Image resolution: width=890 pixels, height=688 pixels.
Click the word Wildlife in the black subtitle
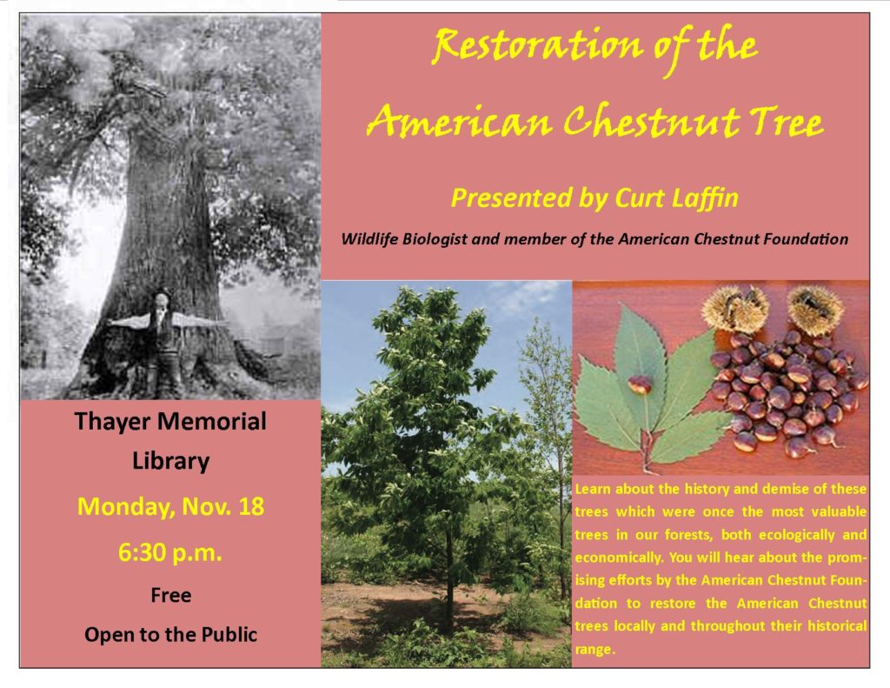(x=370, y=239)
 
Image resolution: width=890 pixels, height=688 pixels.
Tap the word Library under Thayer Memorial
(x=171, y=461)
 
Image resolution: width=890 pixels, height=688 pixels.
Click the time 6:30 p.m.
(x=170, y=552)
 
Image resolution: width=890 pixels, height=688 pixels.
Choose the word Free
(x=171, y=595)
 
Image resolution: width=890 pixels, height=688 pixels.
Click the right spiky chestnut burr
(x=814, y=309)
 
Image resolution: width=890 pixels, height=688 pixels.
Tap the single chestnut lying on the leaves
(x=640, y=384)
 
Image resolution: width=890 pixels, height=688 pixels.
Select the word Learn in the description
(x=592, y=489)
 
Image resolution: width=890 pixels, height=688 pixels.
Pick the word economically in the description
(x=619, y=558)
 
